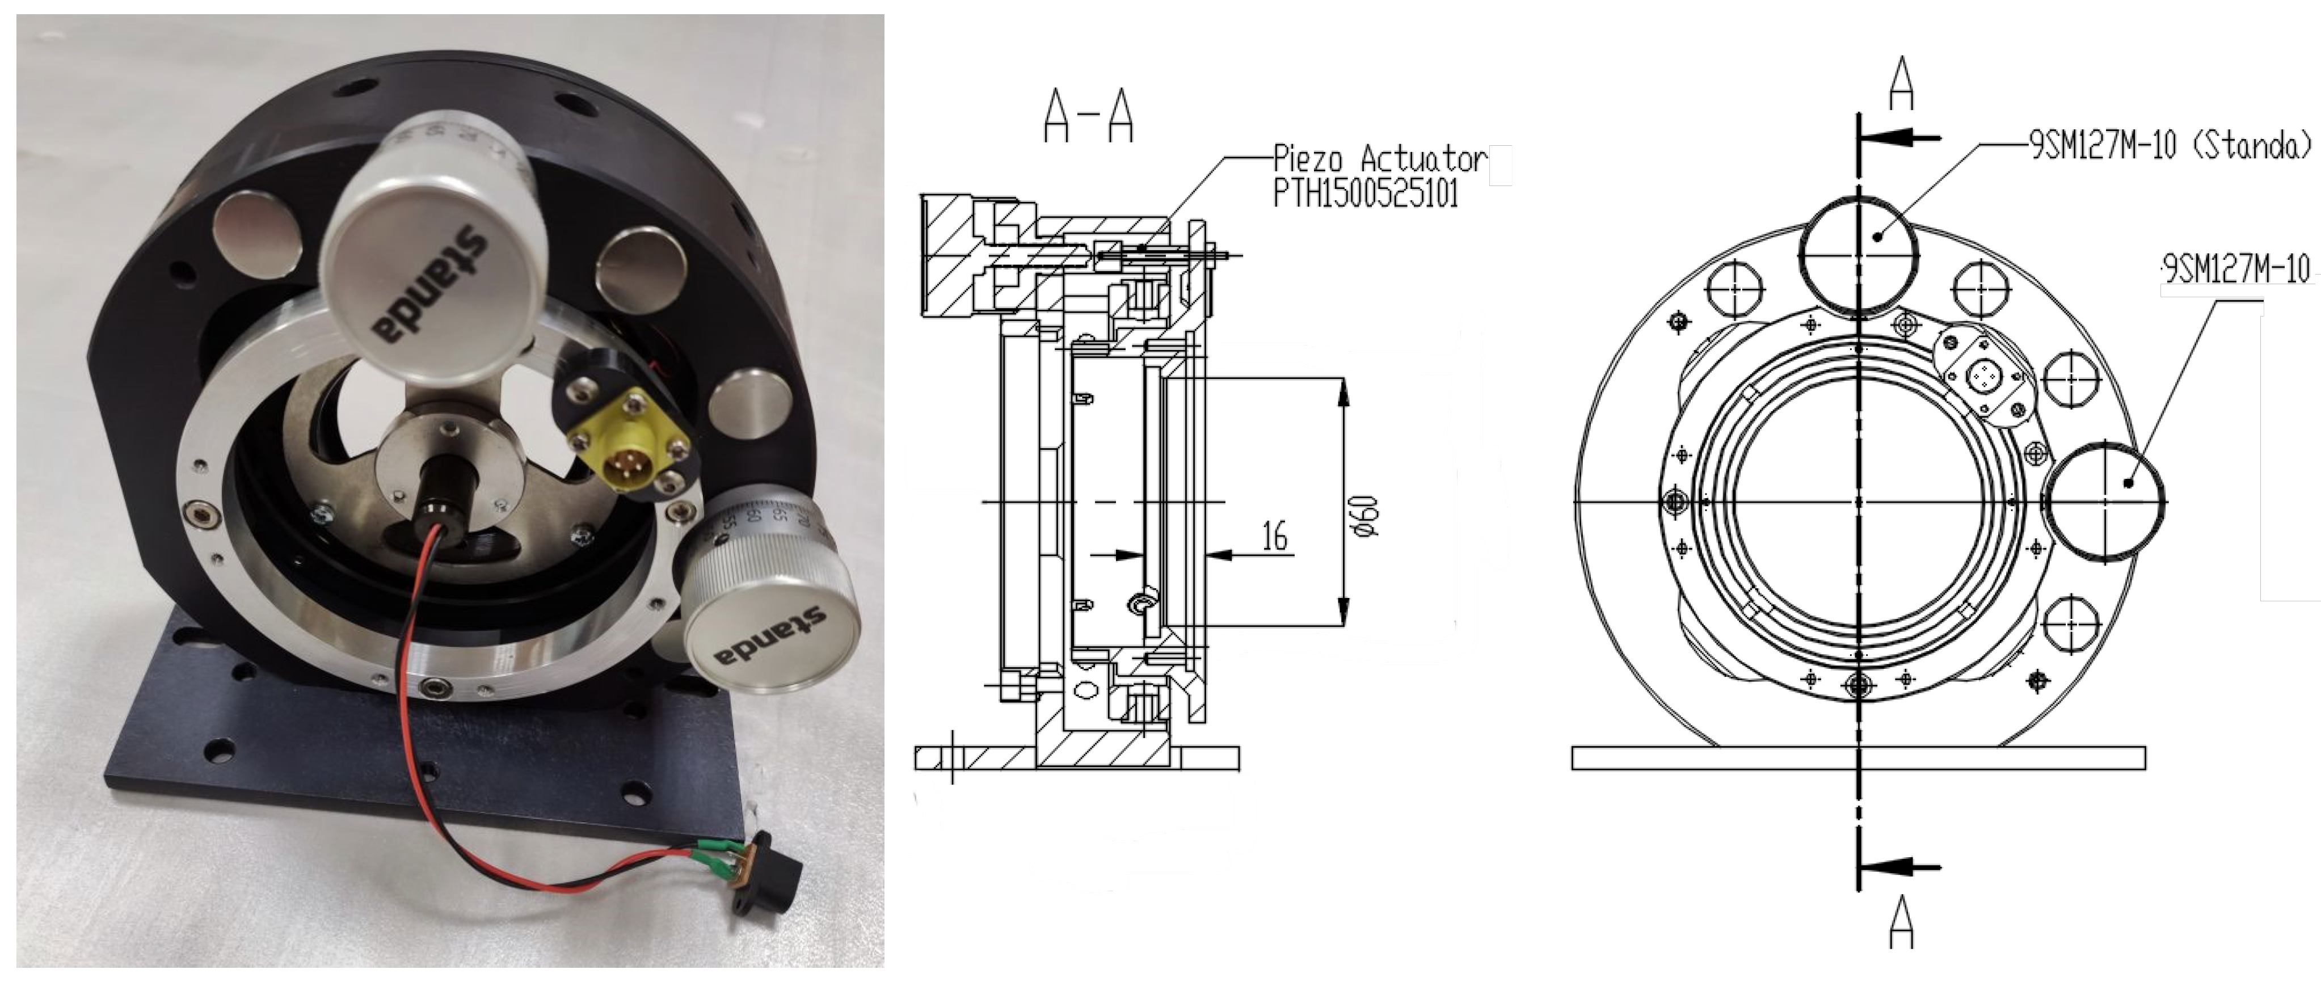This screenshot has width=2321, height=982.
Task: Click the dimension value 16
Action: point(1274,536)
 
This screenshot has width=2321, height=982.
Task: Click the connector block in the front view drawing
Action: point(1983,374)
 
